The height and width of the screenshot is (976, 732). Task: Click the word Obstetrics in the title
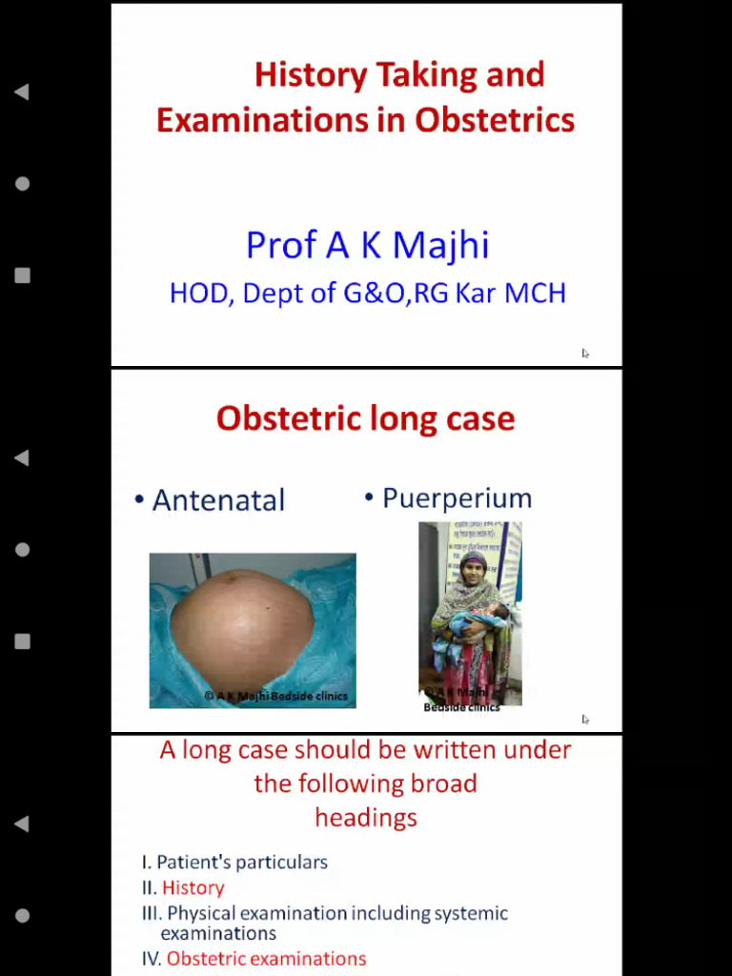pyautogui.click(x=495, y=121)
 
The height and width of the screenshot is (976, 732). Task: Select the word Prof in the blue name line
pyautogui.click(x=281, y=245)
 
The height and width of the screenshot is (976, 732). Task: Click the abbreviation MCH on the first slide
pyautogui.click(x=535, y=293)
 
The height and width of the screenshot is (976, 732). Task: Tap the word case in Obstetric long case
pyautogui.click(x=480, y=418)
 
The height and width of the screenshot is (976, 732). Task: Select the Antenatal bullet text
pyautogui.click(x=218, y=500)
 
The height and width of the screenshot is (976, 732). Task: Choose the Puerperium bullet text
pyautogui.click(x=457, y=498)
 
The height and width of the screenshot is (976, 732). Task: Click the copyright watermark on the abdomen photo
pyautogui.click(x=276, y=696)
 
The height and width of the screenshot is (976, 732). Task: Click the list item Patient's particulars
pyautogui.click(x=241, y=863)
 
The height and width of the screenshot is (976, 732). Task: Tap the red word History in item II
pyautogui.click(x=193, y=888)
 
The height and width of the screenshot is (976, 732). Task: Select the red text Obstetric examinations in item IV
pyautogui.click(x=266, y=959)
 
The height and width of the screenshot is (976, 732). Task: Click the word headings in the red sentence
pyautogui.click(x=366, y=818)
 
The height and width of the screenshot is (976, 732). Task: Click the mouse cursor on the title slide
pyautogui.click(x=585, y=354)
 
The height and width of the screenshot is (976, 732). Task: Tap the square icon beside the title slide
pyautogui.click(x=22, y=275)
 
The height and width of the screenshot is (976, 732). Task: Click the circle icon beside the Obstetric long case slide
pyautogui.click(x=22, y=550)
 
